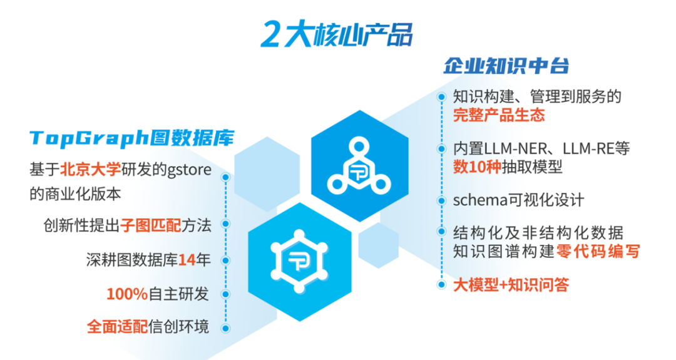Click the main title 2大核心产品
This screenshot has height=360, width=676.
(x=337, y=34)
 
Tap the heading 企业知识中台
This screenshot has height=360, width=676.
(x=506, y=66)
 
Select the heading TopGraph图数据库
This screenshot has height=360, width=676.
(x=132, y=138)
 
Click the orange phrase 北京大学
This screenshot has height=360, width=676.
(x=91, y=170)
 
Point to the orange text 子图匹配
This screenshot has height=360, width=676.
(x=151, y=225)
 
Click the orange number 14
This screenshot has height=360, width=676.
(x=187, y=260)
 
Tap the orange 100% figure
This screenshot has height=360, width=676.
(x=127, y=294)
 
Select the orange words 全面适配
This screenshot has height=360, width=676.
(x=117, y=327)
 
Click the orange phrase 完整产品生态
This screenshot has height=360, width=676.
(x=499, y=115)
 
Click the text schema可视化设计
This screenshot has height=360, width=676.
(x=519, y=200)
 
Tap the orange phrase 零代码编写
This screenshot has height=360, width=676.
(x=598, y=251)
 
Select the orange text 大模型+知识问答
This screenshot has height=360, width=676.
(x=511, y=285)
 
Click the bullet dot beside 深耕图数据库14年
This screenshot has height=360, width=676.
(x=225, y=260)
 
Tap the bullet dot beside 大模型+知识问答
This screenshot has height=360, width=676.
(x=441, y=284)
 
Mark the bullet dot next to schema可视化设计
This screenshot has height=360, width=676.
(x=441, y=200)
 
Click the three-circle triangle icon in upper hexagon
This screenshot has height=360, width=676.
(x=359, y=166)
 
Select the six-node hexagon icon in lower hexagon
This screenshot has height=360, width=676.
(x=299, y=261)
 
